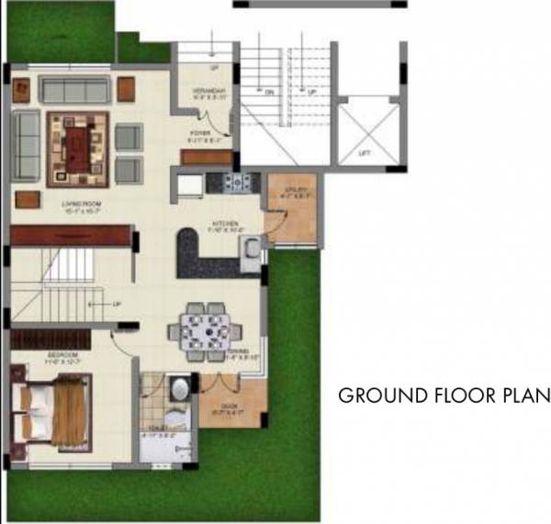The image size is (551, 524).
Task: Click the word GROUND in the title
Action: click(376, 396)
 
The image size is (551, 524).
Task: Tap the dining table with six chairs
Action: click(201, 329)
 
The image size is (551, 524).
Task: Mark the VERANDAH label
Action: click(202, 89)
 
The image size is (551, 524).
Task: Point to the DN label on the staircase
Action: click(270, 92)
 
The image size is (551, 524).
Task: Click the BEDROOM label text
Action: click(37, 354)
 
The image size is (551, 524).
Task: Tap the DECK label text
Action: click(229, 407)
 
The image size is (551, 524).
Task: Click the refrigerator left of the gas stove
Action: click(191, 184)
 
